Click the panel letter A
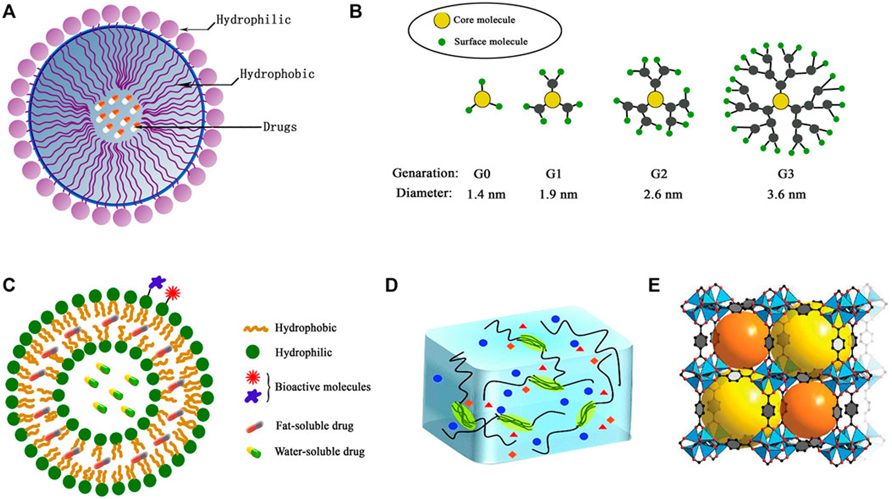tap(10, 11)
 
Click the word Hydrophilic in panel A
tap(253, 20)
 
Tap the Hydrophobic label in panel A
tap(277, 74)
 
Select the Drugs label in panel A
tap(280, 127)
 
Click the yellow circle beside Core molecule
tap(441, 20)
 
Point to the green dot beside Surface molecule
tap(442, 42)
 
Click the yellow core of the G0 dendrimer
tap(482, 99)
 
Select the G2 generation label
tap(658, 174)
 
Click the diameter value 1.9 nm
tap(558, 195)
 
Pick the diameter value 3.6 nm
tap(786, 195)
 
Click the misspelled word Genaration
tap(425, 174)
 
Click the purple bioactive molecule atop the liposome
tap(158, 283)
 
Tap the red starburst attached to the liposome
tap(173, 293)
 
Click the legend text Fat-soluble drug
tap(314, 426)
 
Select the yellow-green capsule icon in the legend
tap(253, 452)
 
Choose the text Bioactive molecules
tap(322, 387)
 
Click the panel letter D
tap(391, 285)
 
